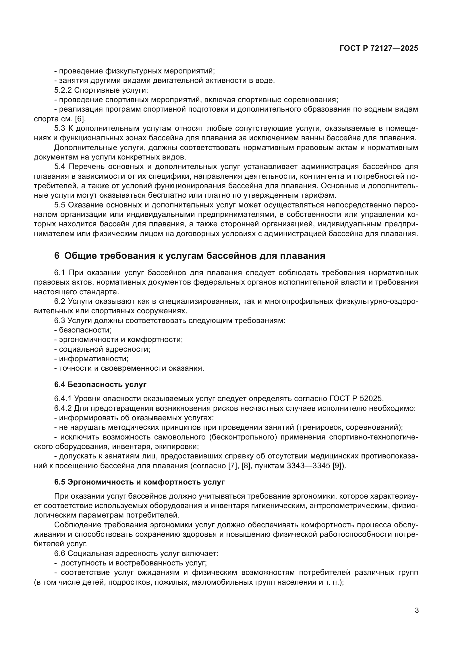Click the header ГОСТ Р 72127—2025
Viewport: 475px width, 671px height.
(x=379, y=48)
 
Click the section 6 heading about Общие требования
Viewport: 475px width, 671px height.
(x=190, y=256)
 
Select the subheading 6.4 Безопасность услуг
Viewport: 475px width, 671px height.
(x=100, y=385)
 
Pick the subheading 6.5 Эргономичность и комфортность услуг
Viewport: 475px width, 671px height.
(x=139, y=482)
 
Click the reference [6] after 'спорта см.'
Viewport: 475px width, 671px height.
(x=80, y=119)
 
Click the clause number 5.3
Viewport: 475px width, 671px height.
(x=60, y=129)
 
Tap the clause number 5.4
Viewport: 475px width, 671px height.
(x=60, y=167)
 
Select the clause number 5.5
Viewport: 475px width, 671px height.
(x=60, y=205)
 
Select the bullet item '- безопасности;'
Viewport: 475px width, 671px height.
(x=83, y=330)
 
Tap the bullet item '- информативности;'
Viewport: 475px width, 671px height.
(x=91, y=359)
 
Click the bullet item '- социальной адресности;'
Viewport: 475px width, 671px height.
(x=102, y=349)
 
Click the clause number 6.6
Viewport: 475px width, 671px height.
(x=60, y=554)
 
